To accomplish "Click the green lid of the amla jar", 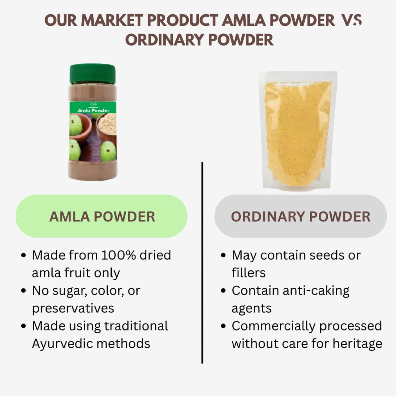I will coord(93,74).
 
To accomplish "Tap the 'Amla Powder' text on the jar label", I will coord(93,110).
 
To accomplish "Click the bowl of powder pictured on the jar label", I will coord(107,124).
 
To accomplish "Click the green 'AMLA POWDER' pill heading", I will coord(101,216).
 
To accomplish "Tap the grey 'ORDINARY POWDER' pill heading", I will coord(300,216).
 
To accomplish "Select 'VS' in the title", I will coord(351,21).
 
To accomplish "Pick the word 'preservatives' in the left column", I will coord(73,308).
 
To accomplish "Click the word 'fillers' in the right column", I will coord(248,273).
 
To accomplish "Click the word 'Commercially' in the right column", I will coord(273,326).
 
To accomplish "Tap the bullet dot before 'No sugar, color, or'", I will coord(24,291).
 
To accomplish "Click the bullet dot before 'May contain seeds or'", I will coord(223,256).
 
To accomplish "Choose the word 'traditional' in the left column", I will coord(136,326).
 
